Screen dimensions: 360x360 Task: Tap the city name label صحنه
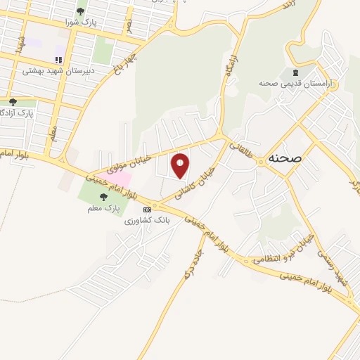284,160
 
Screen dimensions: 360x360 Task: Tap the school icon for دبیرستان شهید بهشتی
58,59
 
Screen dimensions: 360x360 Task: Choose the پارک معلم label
108,208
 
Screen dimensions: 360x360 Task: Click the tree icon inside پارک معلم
104,197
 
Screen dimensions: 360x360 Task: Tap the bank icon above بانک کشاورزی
146,210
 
